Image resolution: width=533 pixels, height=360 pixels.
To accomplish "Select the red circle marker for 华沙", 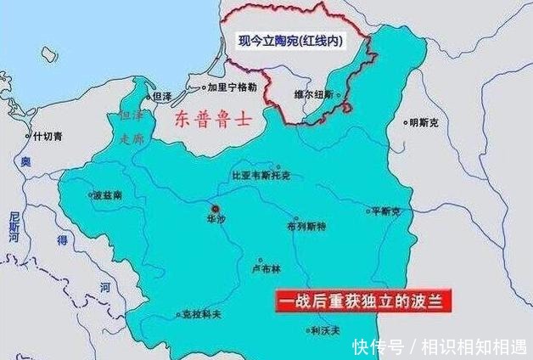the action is click(215, 207).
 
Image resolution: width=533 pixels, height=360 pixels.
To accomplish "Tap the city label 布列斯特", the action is click(306, 228).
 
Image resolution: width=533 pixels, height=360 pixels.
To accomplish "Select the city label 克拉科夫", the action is click(201, 313).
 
